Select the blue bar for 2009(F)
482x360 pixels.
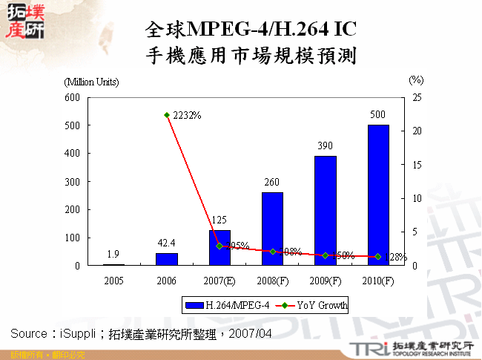point(325,211)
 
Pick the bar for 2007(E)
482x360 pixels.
point(219,248)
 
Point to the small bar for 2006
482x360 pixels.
point(166,259)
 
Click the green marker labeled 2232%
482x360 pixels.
point(166,115)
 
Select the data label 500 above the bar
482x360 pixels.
point(378,115)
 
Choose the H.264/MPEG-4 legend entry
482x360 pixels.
point(217,305)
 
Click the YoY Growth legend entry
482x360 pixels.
point(311,305)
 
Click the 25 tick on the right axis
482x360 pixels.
point(417,97)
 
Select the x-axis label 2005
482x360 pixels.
point(113,281)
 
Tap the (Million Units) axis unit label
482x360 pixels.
point(90,82)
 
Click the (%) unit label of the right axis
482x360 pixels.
point(416,79)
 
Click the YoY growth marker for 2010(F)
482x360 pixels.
point(378,257)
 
